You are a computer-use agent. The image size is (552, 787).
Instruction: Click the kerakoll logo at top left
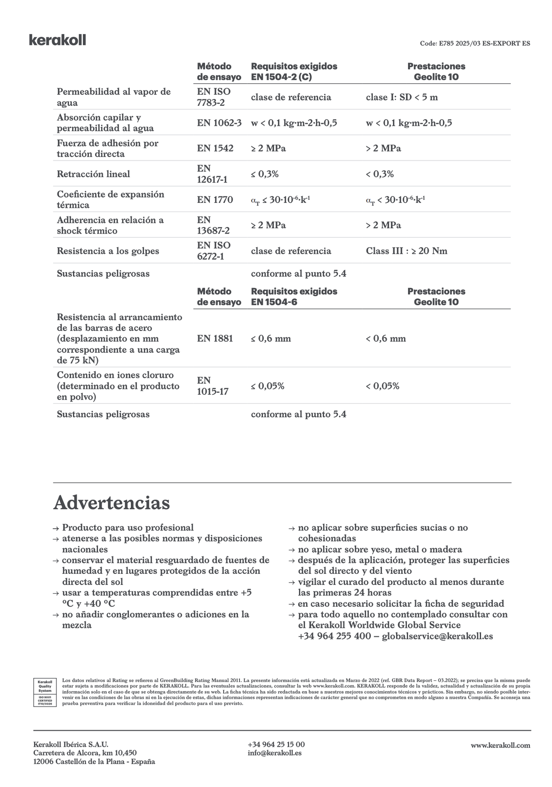coord(57,40)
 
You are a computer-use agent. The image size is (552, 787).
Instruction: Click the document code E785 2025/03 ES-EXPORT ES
coord(474,43)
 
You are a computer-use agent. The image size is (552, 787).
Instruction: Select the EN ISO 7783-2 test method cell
coord(214,97)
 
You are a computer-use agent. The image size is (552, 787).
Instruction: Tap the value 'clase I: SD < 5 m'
coord(401,97)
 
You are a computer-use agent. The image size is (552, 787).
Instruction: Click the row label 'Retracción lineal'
coord(93,174)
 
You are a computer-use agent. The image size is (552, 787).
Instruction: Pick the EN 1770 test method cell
coord(215,200)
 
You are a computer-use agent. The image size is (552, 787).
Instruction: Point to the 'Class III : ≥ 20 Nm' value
coord(406,251)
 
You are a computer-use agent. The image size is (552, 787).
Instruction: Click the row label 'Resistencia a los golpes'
coord(108,251)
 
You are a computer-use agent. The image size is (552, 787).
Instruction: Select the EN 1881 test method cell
coord(215,339)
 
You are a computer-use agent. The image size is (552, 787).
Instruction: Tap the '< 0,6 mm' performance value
coord(385,339)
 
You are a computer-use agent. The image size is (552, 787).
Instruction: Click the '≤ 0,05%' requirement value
coord(267,386)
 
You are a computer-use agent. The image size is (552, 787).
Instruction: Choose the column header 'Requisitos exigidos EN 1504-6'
coord(294,296)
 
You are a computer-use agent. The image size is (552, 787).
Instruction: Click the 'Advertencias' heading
coord(112,503)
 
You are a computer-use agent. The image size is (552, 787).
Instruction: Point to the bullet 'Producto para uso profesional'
coord(128,528)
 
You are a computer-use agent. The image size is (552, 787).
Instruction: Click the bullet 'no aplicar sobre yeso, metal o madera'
coord(380,549)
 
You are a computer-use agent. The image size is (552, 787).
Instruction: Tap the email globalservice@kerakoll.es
coord(437,636)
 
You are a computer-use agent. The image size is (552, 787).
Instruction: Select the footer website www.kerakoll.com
coord(500,745)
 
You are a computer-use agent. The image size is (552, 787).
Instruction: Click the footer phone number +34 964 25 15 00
coord(276,744)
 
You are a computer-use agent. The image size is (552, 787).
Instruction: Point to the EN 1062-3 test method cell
coord(219,123)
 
